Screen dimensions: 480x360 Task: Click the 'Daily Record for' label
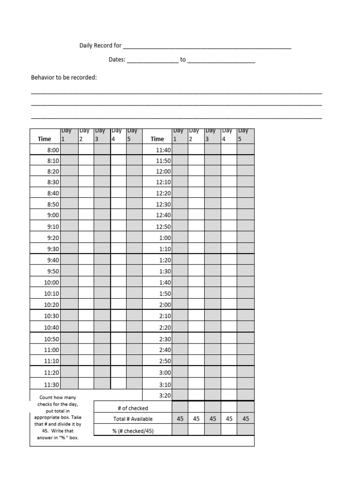point(100,45)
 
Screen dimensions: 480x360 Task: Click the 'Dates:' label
point(117,60)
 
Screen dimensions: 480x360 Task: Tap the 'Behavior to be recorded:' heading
point(64,77)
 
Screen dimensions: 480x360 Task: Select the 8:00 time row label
point(53,150)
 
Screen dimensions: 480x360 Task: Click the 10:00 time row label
point(52,283)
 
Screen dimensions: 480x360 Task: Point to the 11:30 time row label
point(52,384)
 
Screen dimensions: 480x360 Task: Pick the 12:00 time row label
point(164,172)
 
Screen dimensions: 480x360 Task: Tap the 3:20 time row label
point(165,395)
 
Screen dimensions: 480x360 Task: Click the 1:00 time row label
point(165,238)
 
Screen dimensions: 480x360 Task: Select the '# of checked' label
point(133,408)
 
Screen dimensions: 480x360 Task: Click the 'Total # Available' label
point(133,419)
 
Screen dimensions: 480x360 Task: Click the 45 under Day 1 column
point(180,419)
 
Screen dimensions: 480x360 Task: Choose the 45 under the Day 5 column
point(246,419)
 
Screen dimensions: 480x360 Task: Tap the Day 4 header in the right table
point(228,135)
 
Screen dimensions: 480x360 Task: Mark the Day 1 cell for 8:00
point(69,150)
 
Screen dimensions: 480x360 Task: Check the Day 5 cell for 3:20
point(246,395)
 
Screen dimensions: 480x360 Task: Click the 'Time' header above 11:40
point(157,139)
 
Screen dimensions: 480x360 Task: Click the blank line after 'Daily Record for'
point(207,46)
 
